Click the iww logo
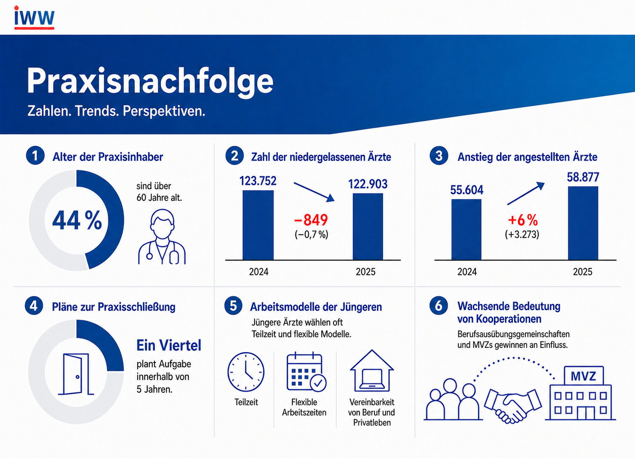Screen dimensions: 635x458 coord(34,17)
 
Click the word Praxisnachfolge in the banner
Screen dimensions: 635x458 coord(150,82)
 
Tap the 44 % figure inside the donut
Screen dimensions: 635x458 coord(77,220)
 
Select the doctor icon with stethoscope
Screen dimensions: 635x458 coord(162,237)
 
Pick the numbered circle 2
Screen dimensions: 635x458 coord(234,156)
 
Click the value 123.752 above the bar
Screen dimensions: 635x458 coord(258,181)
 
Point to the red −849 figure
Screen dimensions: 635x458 coord(311,220)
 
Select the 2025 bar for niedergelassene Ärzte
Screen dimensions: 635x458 coord(368,227)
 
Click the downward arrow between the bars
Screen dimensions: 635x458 coord(314,192)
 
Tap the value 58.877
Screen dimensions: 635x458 coord(583,177)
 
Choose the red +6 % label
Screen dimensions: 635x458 coord(523,220)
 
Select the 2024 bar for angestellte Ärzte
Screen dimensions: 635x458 coord(466,229)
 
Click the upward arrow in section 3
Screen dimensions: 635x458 coord(526,194)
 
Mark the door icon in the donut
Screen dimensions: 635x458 coord(76,374)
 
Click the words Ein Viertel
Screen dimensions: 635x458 coord(169,345)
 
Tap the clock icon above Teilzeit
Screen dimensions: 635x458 coord(246,372)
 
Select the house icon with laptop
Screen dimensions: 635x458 coord(371,371)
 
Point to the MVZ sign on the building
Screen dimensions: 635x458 coord(583,376)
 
